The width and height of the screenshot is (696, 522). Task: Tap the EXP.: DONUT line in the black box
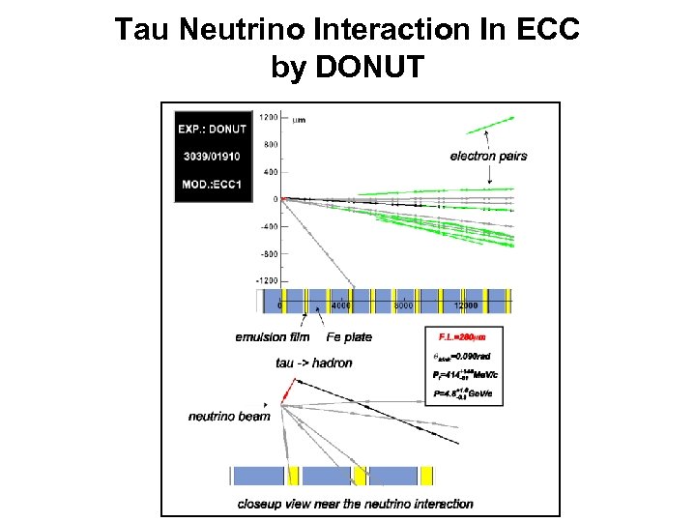213,128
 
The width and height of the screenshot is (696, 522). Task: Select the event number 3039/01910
213,156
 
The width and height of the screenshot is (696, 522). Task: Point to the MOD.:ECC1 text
213,184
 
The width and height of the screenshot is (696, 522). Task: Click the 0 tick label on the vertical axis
275,199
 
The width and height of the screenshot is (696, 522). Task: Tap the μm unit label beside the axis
300,119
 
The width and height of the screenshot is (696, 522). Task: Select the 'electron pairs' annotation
488,157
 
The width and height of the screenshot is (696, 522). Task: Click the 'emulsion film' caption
273,336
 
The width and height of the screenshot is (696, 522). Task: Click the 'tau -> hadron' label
314,362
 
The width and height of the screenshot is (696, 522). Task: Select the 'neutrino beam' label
229,416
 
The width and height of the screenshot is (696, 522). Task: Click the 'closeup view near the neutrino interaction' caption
356,503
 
